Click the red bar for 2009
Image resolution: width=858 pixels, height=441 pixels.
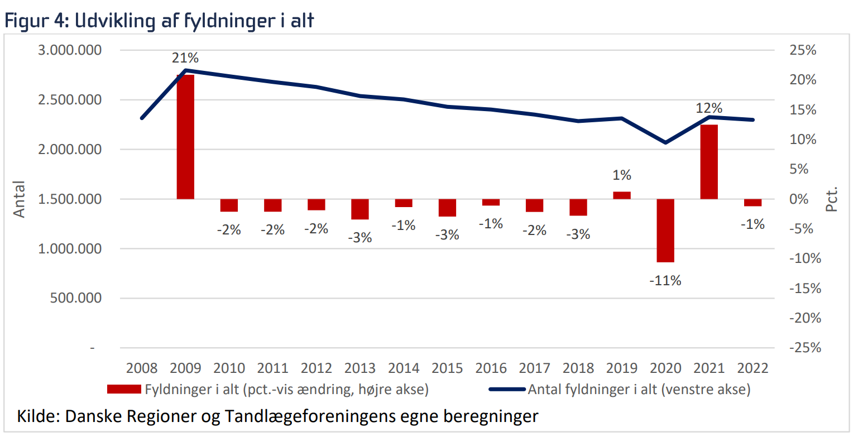pos(185,137)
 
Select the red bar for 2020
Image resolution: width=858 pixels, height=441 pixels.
pos(665,230)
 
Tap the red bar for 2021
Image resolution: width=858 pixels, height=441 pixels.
pos(709,162)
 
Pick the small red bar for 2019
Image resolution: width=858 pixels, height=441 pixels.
pos(622,195)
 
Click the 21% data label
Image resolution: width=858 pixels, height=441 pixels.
pos(185,58)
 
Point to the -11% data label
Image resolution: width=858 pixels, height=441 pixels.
pos(665,281)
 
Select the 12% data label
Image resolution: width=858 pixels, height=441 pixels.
pos(709,108)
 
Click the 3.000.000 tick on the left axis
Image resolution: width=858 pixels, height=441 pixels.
pos(70,50)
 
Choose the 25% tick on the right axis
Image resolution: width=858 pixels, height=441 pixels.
pos(803,50)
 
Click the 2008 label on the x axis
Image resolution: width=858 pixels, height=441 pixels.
pos(142,368)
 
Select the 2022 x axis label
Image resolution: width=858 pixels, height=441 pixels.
pos(752,368)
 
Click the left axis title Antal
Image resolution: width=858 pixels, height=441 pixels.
pos(20,199)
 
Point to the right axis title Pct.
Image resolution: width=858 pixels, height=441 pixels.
pos(832,199)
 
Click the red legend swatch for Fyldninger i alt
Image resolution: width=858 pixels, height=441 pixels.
pos(124,389)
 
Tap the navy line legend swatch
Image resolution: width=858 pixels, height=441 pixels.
pos(507,389)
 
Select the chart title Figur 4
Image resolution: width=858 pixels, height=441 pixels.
pos(36,21)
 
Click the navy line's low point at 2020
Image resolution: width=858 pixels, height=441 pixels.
pos(665,142)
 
